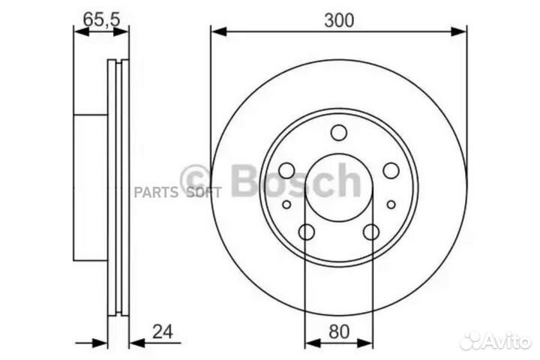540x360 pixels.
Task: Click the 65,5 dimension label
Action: tap(101, 20)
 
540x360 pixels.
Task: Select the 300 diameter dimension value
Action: tap(339, 20)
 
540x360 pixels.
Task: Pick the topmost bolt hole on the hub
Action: tap(339, 133)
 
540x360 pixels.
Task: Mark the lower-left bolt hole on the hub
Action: tap(306, 233)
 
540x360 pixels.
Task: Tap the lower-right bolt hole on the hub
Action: tap(371, 233)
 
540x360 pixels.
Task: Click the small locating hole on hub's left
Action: tap(286, 203)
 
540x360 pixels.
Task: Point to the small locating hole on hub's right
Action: tap(391, 203)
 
